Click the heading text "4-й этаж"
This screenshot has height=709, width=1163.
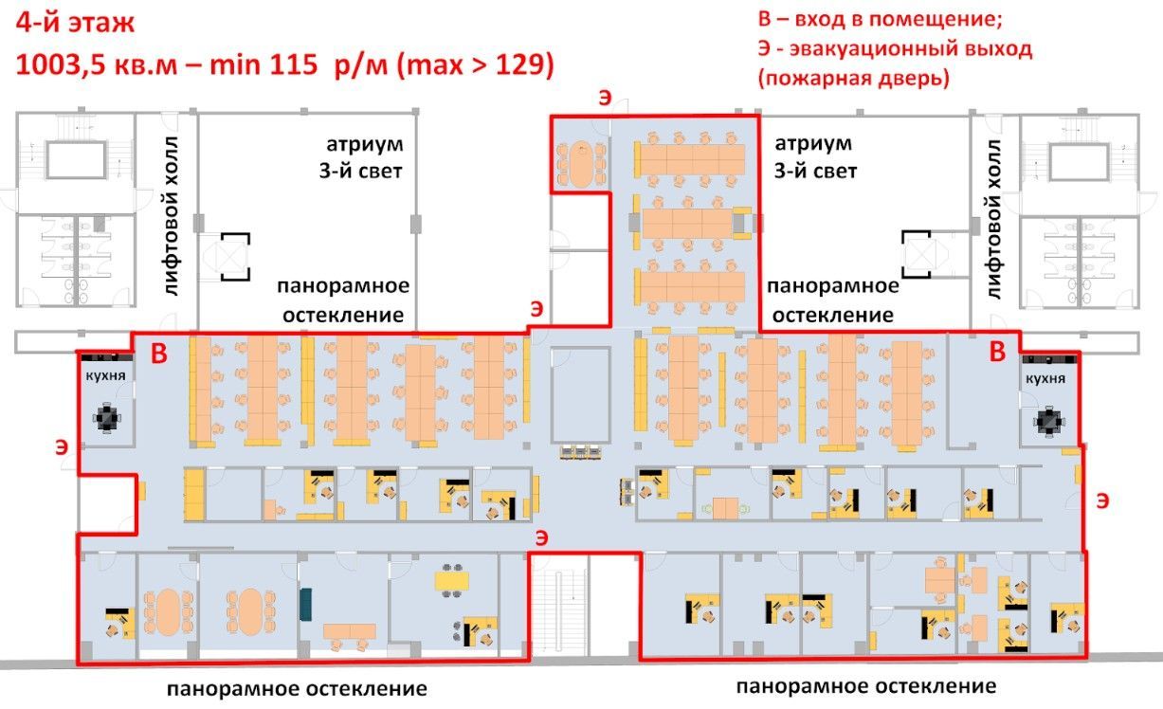point(75,24)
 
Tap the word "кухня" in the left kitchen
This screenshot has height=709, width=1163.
point(105,375)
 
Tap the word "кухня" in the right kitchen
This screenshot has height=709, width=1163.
point(1045,378)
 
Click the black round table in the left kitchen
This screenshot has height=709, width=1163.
point(107,417)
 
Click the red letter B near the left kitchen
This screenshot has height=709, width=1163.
point(159,354)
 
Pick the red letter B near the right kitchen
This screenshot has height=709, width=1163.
point(997,352)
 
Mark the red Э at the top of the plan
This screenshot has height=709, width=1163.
point(605,98)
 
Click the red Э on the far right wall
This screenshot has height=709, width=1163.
point(1102,500)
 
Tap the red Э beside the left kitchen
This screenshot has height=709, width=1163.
point(62,446)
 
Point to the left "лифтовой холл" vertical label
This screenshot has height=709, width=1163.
point(172,216)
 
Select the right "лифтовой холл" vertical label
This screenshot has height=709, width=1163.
point(993,219)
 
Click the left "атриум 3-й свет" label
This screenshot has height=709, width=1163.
point(361,156)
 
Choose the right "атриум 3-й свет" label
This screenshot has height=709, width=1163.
point(814,156)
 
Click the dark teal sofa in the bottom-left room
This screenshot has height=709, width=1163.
point(305,604)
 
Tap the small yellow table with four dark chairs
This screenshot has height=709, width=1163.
point(452,581)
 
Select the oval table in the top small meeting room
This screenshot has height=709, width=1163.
point(581,164)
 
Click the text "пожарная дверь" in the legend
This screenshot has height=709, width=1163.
point(854,79)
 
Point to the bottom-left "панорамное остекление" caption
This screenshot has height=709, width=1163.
point(297,689)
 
